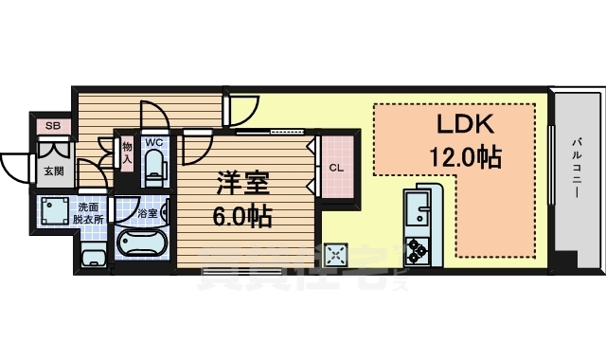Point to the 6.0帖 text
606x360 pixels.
tap(241, 217)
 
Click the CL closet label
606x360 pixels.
tap(336, 169)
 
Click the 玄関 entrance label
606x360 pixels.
tap(53, 171)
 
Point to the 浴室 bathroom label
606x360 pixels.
tap(147, 214)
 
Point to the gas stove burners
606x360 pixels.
tap(418, 250)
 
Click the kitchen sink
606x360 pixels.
tap(418, 210)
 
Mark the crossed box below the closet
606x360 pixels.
tap(335, 254)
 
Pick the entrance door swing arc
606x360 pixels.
tap(17, 169)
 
